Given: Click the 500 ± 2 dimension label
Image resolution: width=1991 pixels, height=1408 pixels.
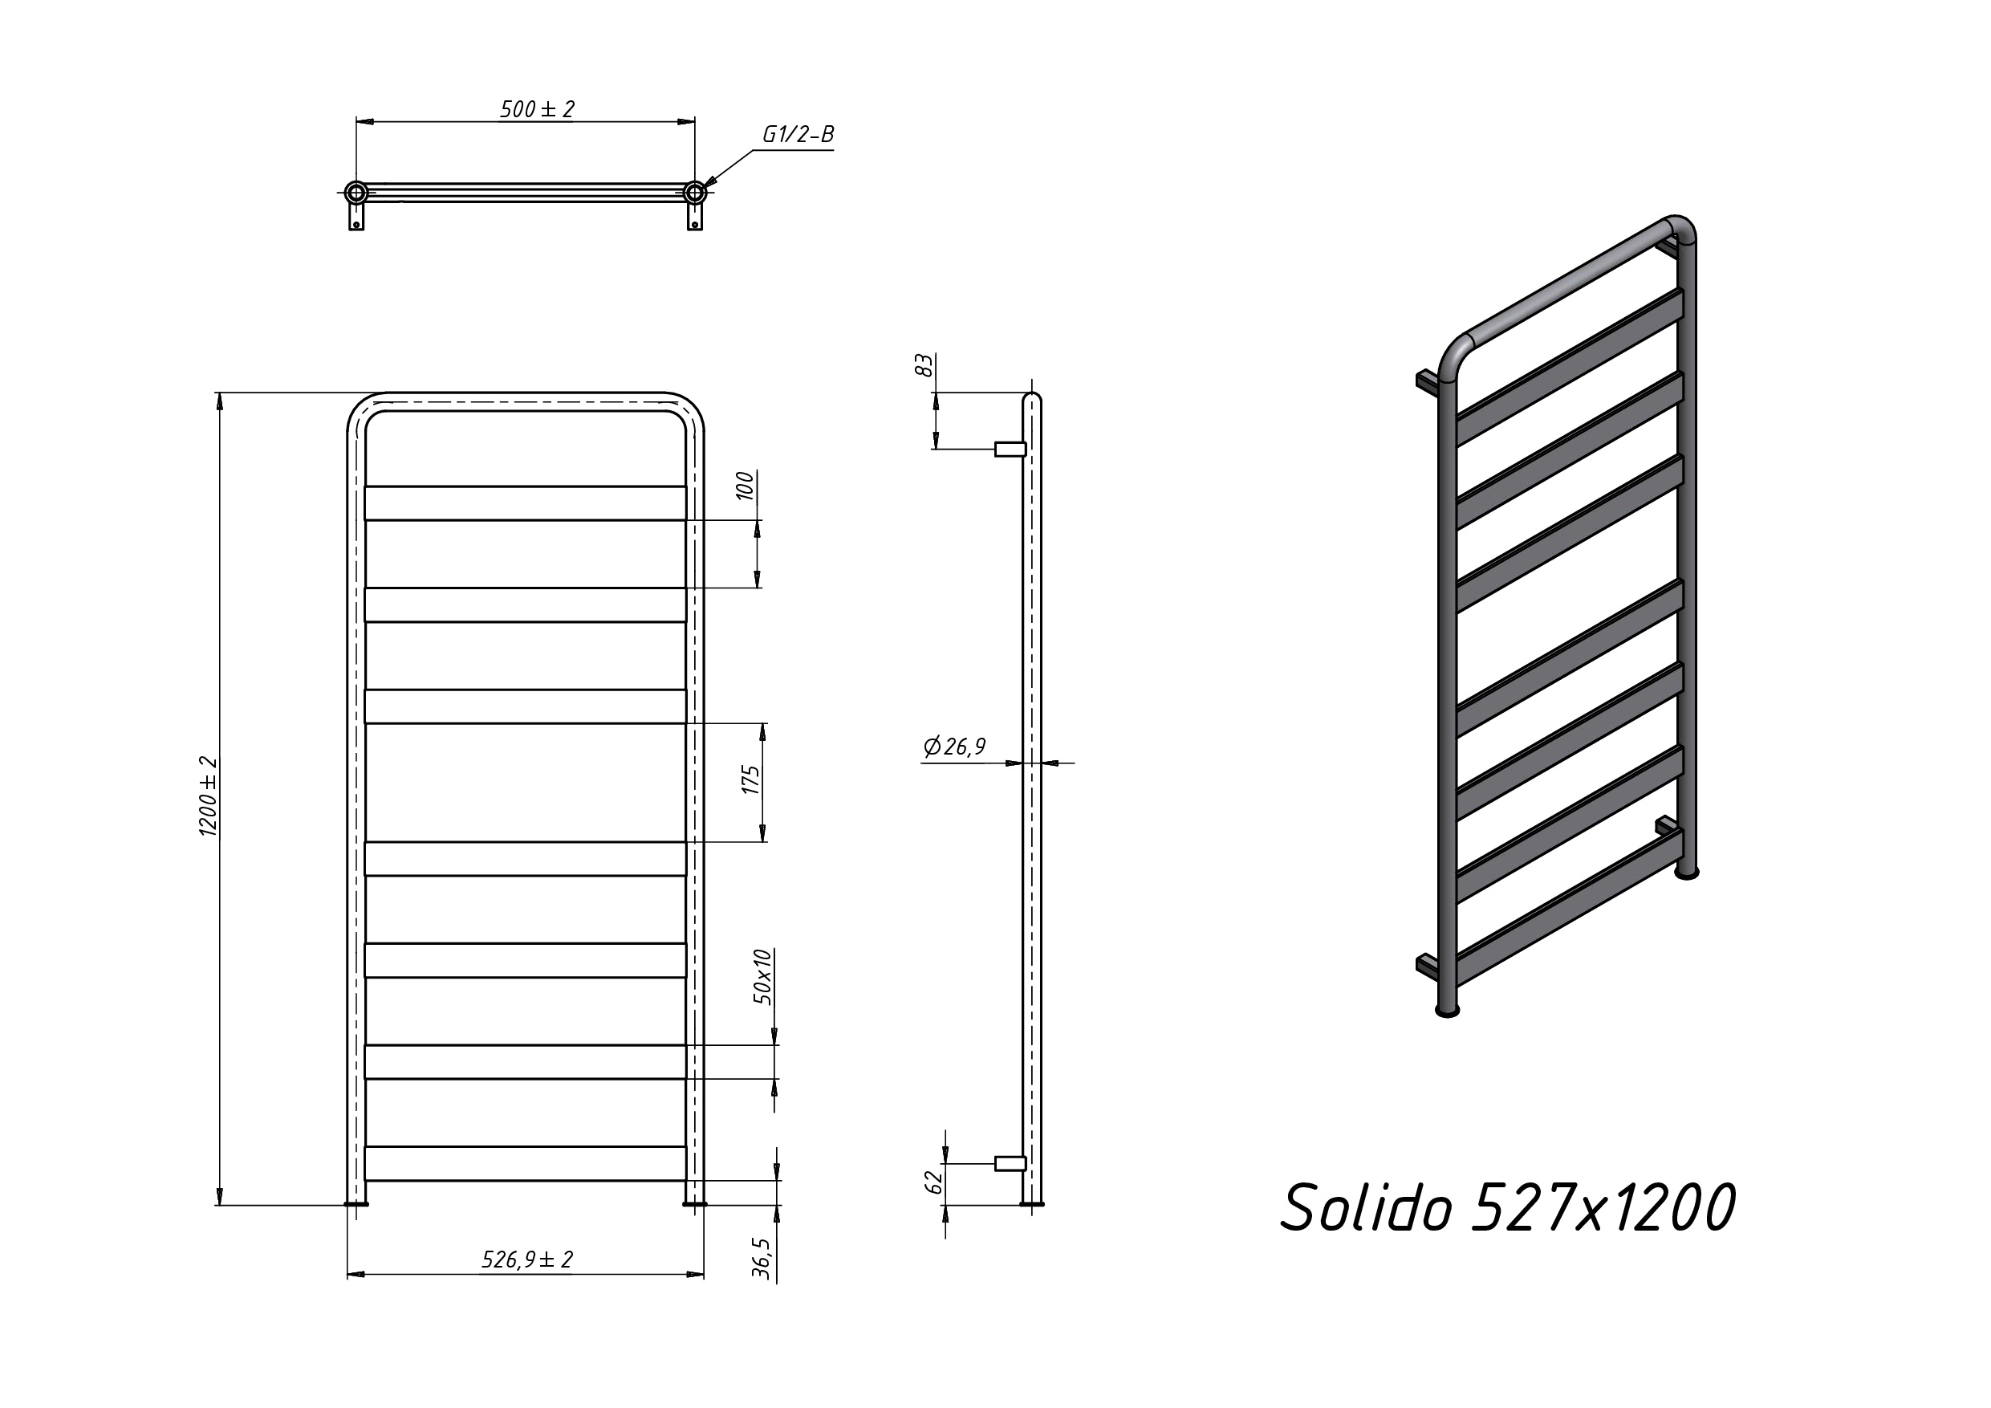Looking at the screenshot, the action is click(x=537, y=109).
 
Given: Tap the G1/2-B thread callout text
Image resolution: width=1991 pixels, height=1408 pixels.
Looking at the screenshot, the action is click(x=798, y=135).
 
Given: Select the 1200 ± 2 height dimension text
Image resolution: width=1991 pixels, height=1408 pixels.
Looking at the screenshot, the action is click(x=209, y=796).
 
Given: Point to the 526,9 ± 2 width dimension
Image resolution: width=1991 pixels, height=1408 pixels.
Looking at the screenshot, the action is click(x=527, y=1259).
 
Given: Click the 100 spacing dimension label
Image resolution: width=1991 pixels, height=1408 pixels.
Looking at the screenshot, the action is click(x=745, y=486).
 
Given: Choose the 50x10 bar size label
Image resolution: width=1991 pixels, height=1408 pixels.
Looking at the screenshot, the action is click(x=762, y=977).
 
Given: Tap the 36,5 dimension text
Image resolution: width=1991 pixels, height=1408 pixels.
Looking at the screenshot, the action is click(x=762, y=1258).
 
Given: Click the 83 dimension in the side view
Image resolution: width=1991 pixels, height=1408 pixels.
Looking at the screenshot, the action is click(x=924, y=365).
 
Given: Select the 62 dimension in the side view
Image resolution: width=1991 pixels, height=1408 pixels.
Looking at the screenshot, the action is click(x=934, y=1182).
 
